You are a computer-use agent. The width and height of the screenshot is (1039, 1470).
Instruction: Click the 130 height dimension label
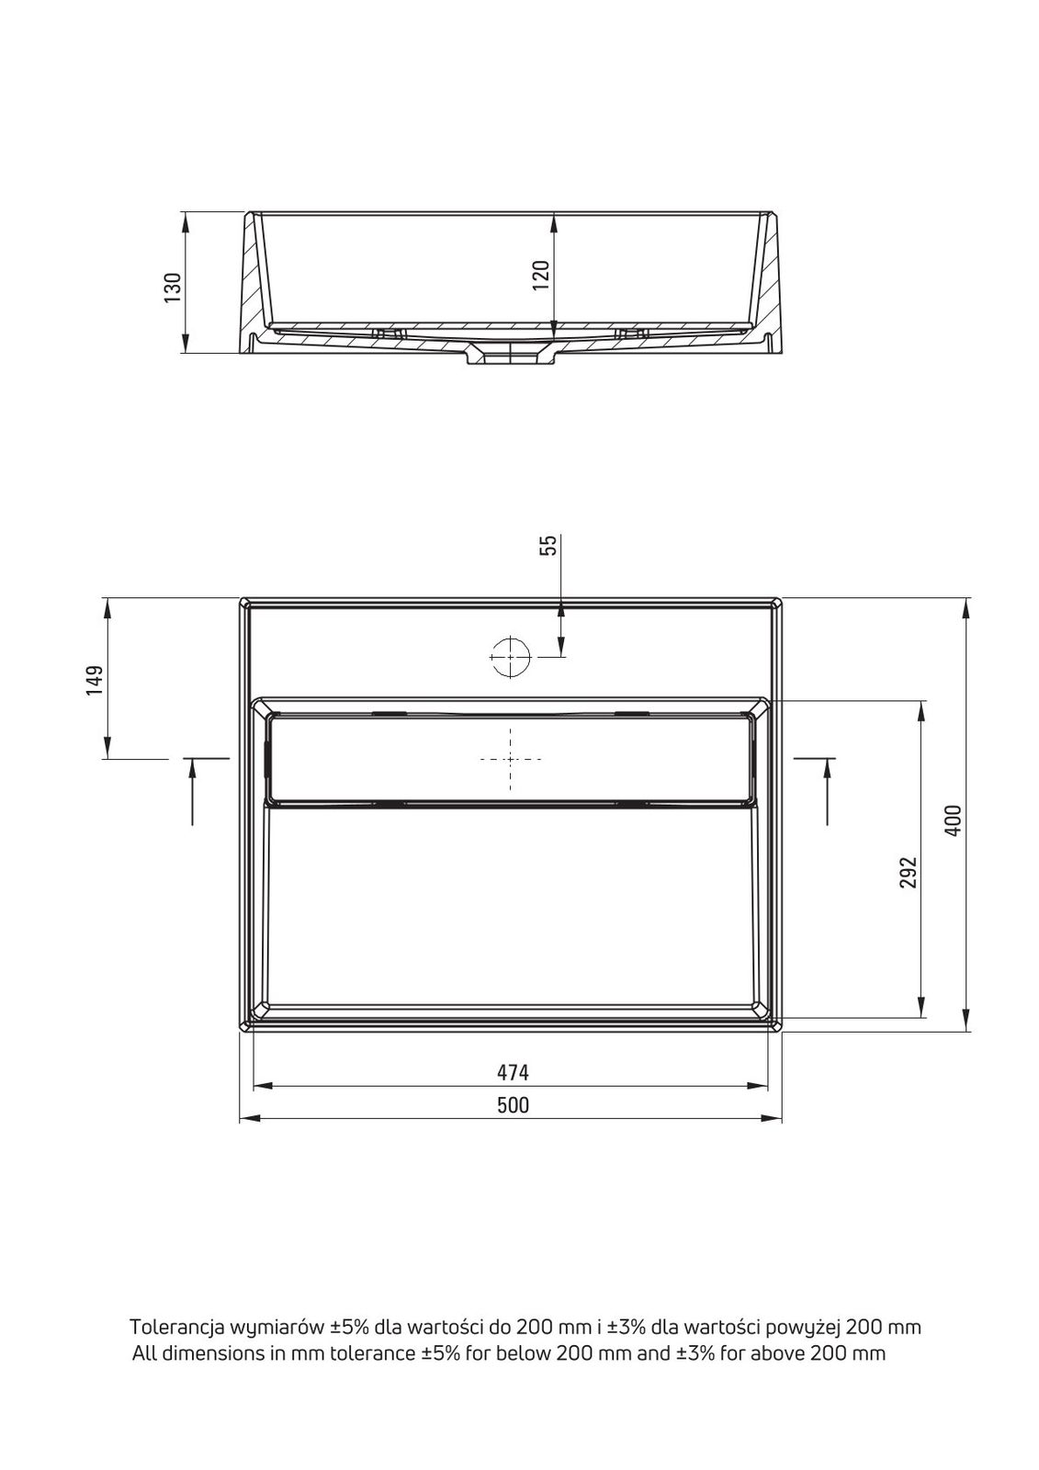[172, 287]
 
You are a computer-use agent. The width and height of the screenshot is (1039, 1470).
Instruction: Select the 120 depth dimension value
[539, 276]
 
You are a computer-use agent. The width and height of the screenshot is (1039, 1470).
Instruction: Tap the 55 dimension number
[548, 546]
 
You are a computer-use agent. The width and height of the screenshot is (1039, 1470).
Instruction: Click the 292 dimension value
[907, 872]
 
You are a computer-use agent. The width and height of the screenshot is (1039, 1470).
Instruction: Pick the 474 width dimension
[512, 1072]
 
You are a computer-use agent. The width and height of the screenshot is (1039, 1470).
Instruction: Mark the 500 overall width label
[513, 1105]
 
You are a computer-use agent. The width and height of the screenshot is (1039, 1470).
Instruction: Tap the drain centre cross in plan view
[510, 759]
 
